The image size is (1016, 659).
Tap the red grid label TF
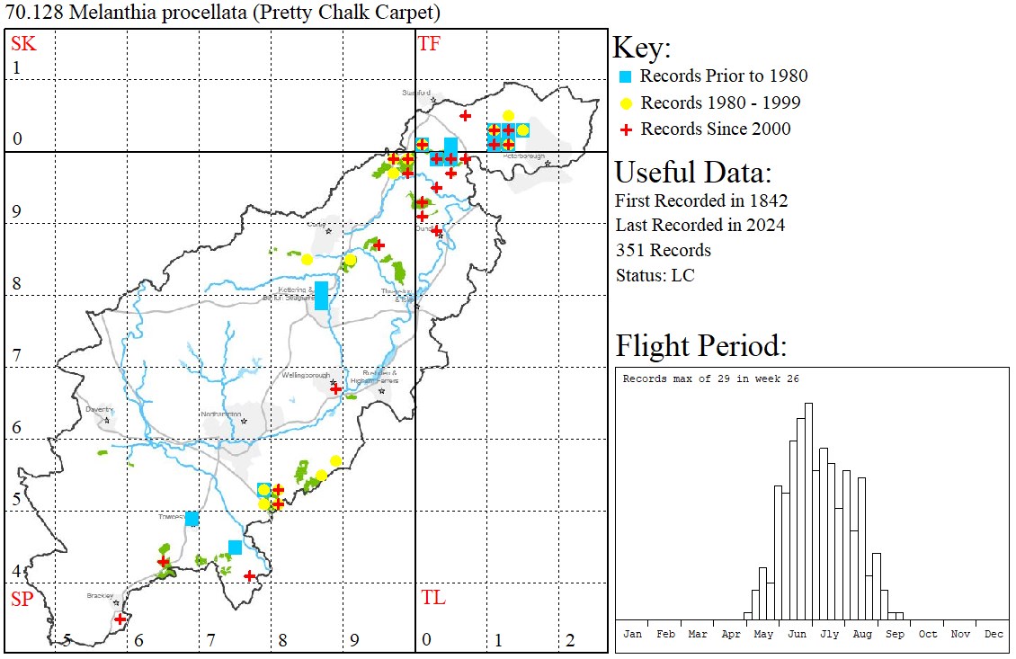pos(429,43)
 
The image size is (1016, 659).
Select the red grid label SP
pos(21,599)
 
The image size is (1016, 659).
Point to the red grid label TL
pos(432,598)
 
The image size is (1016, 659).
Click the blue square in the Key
pos(627,76)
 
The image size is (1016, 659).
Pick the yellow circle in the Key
pos(627,102)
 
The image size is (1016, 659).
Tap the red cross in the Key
pos(627,129)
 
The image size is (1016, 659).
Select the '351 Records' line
pos(663,250)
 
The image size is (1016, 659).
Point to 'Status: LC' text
pos(655,275)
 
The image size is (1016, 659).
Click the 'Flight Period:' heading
pos(700,346)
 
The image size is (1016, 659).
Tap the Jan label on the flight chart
pos(632,634)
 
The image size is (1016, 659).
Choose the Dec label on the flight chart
pos(993,634)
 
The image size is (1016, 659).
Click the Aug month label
pos(861,634)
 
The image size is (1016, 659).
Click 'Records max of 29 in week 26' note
pos(710,378)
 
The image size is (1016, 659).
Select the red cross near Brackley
pos(120,619)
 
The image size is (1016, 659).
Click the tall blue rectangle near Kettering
pos(321,296)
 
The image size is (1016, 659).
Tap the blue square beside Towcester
pos(192,519)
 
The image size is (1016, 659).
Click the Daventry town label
pos(99,409)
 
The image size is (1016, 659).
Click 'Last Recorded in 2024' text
pos(700,225)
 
